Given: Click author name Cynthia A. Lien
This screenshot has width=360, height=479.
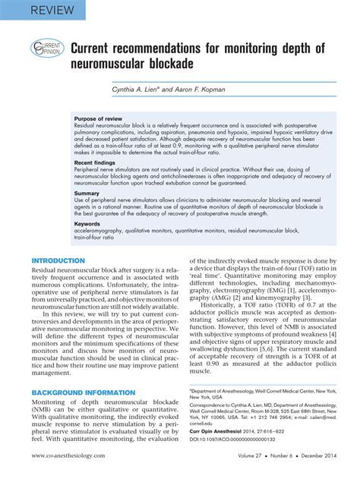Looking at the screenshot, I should pyautogui.click(x=141, y=90).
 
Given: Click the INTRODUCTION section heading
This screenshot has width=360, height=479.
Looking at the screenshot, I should pyautogui.click(x=58, y=261).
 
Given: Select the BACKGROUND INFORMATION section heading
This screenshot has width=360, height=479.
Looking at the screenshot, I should pyautogui.click(x=83, y=392).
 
